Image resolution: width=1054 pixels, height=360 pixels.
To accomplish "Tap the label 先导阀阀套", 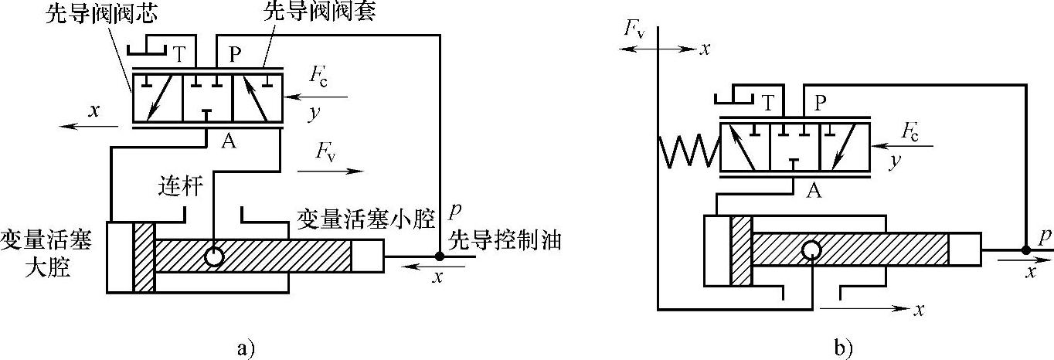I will [319, 12].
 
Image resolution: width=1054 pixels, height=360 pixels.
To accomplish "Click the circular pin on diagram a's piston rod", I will [214, 256].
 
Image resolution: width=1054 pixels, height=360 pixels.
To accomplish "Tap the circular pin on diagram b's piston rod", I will [811, 250].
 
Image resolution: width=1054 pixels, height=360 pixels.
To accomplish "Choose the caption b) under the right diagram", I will [842, 347].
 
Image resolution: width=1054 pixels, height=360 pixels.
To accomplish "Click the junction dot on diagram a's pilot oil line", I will [440, 255].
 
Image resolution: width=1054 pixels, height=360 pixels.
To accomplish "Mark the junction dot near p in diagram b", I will [1025, 249].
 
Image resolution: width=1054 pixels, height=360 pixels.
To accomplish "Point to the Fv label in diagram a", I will [325, 151].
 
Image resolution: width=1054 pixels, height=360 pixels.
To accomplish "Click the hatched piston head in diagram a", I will [144, 257].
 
